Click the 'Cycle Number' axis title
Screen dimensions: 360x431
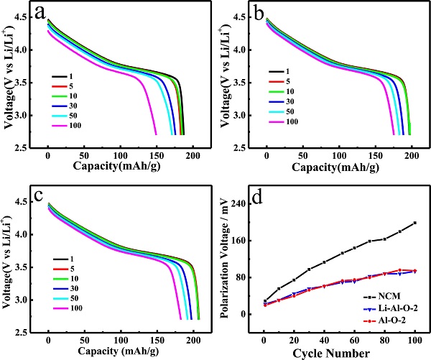[x=334, y=353]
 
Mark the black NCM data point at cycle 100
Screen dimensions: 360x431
[x=415, y=223]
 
